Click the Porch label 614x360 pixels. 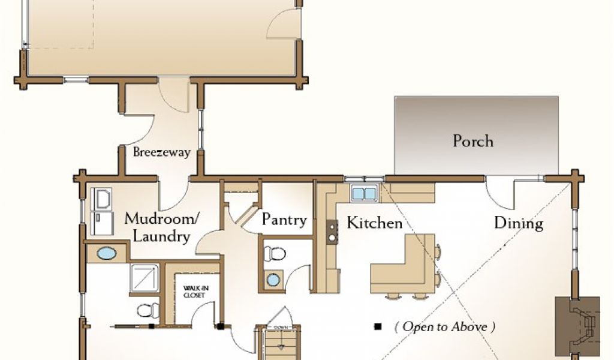(473, 141)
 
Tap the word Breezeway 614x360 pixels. (162, 152)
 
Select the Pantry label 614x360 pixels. (284, 220)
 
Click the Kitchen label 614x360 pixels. (374, 223)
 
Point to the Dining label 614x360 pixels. (519, 223)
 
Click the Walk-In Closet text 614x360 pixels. (196, 292)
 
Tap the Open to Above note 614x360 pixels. (444, 326)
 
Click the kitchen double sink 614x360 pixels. (365, 193)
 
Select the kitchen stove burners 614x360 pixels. (332, 232)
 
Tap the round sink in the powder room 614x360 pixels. (273, 280)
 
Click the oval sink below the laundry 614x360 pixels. (107, 253)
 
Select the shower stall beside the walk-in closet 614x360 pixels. (145, 278)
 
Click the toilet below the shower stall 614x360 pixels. (148, 310)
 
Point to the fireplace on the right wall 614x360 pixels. (578, 325)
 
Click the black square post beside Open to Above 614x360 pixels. (378, 326)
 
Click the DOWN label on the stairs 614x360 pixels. (281, 327)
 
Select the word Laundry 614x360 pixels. (161, 236)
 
